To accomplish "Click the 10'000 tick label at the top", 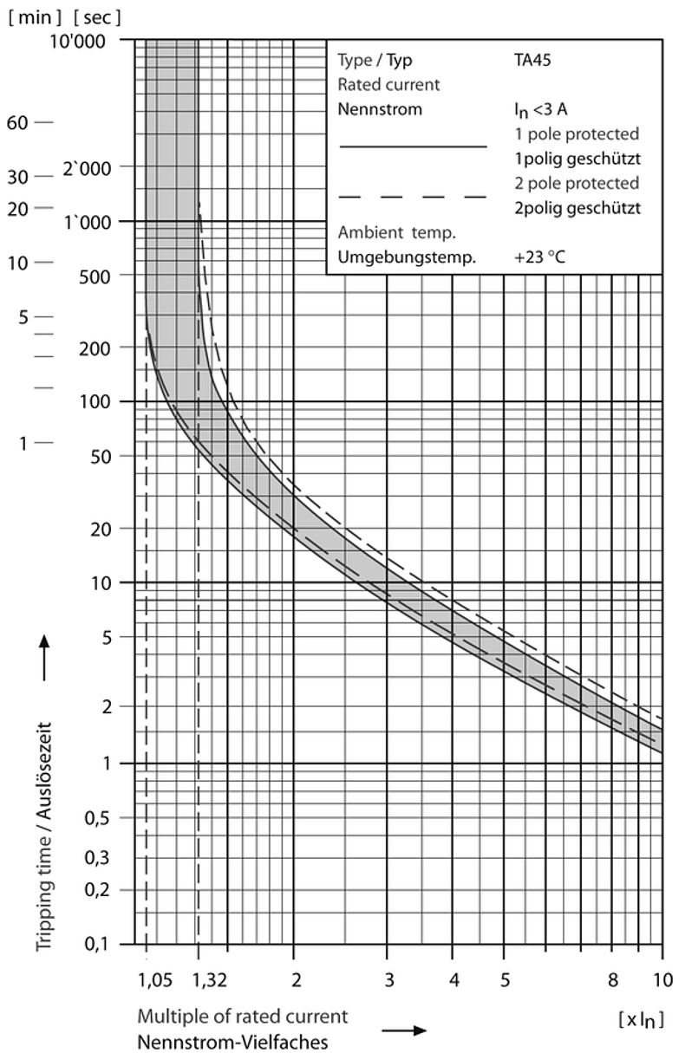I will coord(92,40).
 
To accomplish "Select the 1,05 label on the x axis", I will coord(153,979).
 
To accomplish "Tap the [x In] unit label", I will coord(640,1019).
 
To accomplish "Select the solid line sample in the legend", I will coord(413,147).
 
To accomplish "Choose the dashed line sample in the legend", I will coord(413,198).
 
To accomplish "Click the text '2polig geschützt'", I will coord(577,208).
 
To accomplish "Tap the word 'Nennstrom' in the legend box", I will coord(380,110).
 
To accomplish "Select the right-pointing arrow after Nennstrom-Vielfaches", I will coord(405,1030).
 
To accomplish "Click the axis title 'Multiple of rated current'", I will coord(242,1016).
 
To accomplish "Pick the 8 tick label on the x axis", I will coord(613,979).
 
